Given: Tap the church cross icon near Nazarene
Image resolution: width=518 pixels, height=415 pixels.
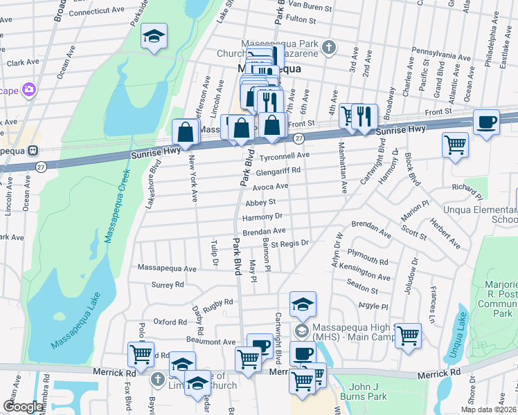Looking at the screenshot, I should tap(330, 48).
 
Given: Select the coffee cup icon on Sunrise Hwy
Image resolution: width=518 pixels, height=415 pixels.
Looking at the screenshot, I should tap(486, 122).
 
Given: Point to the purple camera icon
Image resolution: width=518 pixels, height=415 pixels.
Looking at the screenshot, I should tap(29, 89).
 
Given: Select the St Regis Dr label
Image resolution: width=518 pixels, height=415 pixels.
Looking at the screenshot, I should tap(289, 243).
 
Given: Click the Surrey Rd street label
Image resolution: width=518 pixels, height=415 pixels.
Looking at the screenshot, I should tap(168, 284).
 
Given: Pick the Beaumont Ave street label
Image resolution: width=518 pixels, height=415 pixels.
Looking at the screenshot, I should tap(211, 342).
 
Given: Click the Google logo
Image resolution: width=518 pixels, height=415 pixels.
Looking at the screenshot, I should tap(23, 407).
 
